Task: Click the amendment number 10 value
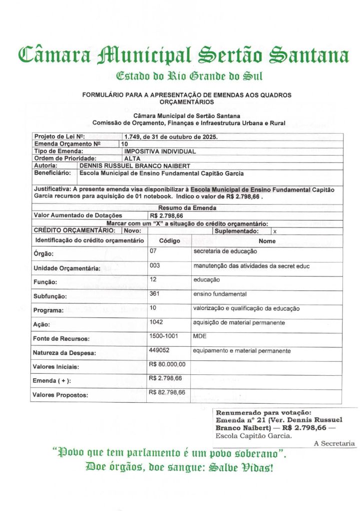(125, 144)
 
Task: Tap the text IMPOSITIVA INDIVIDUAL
(160, 151)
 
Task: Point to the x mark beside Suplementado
(275, 232)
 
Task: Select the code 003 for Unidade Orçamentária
(155, 265)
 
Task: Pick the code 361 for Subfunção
(155, 294)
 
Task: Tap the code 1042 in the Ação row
(156, 322)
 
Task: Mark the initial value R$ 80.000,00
(167, 364)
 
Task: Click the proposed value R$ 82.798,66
(167, 392)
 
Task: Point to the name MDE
(200, 337)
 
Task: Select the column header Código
(169, 241)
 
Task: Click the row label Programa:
(48, 310)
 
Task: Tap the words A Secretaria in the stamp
(334, 443)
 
